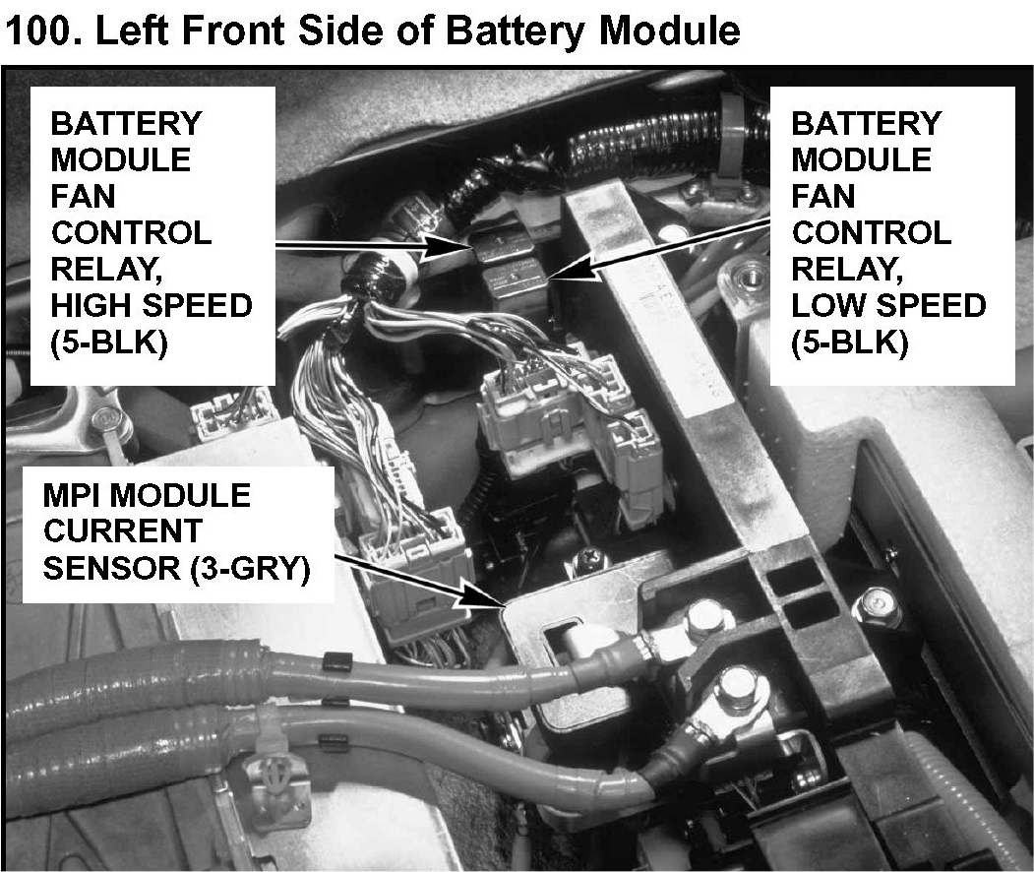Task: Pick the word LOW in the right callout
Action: coord(825,305)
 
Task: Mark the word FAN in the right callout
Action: coord(826,196)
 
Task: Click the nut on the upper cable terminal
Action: coord(702,617)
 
